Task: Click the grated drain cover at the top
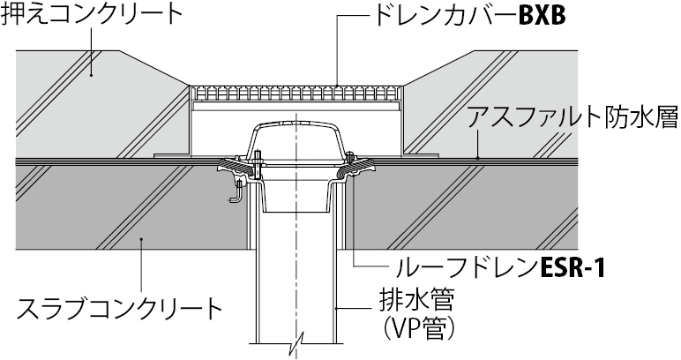pyautogui.click(x=298, y=91)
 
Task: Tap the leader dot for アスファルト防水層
pyautogui.click(x=477, y=157)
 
